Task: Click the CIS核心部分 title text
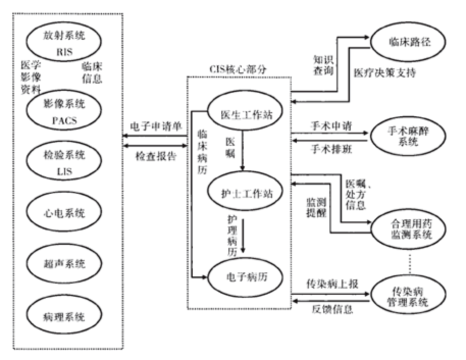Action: (x=239, y=68)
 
